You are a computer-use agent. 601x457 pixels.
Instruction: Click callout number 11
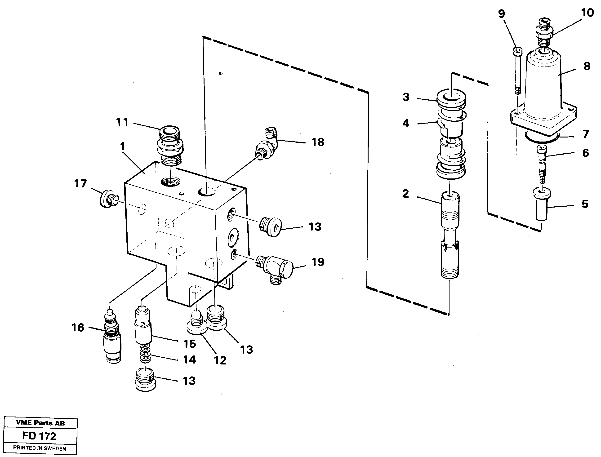122,122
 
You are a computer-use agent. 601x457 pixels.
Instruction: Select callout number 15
190,344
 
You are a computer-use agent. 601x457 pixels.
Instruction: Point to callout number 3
406,97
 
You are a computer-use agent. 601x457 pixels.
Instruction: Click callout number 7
585,134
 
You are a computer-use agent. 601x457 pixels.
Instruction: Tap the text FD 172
39,436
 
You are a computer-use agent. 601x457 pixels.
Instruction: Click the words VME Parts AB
40,423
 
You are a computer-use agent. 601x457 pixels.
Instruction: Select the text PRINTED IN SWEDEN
40,448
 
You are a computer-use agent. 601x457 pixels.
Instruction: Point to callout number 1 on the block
123,147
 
